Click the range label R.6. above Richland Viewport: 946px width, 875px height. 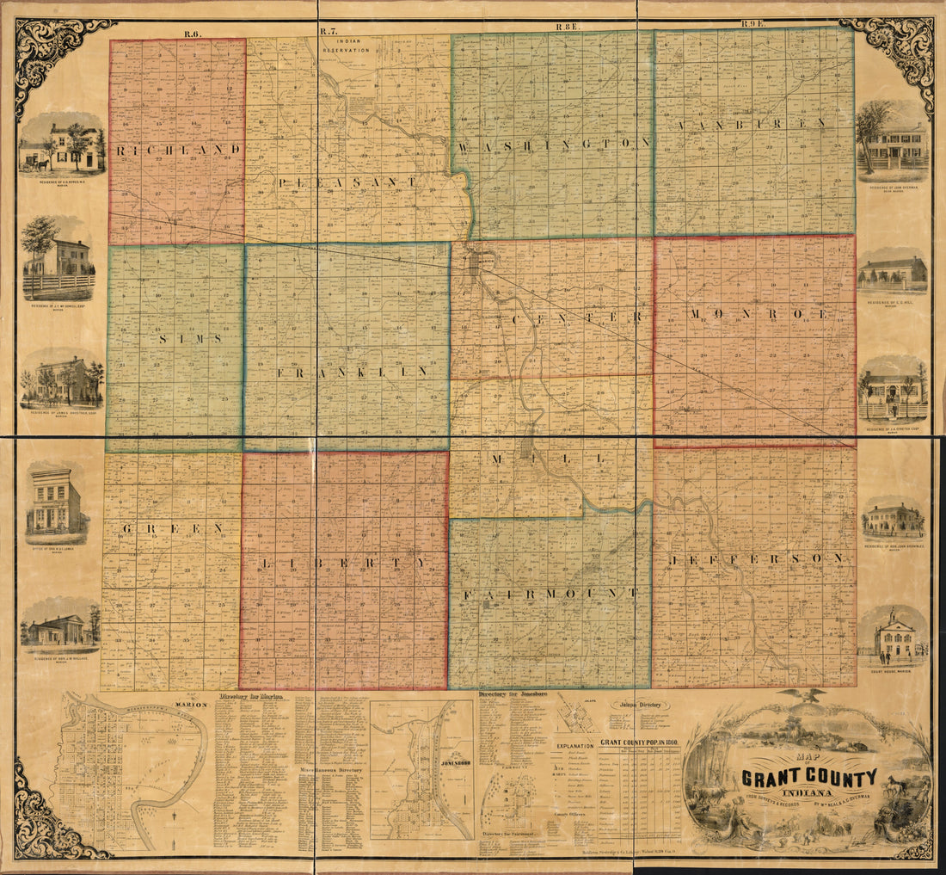pyautogui.click(x=191, y=33)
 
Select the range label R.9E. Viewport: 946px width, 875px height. pyautogui.click(x=752, y=25)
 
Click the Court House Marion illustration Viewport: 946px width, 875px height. pyautogui.click(x=894, y=638)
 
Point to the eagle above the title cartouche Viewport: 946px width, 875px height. pyautogui.click(x=808, y=695)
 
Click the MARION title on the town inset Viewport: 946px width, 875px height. pyautogui.click(x=192, y=705)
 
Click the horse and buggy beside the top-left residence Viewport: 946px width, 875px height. pyautogui.click(x=33, y=158)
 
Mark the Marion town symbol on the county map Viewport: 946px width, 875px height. pyautogui.click(x=474, y=262)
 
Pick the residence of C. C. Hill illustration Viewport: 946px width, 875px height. pyautogui.click(x=893, y=272)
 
